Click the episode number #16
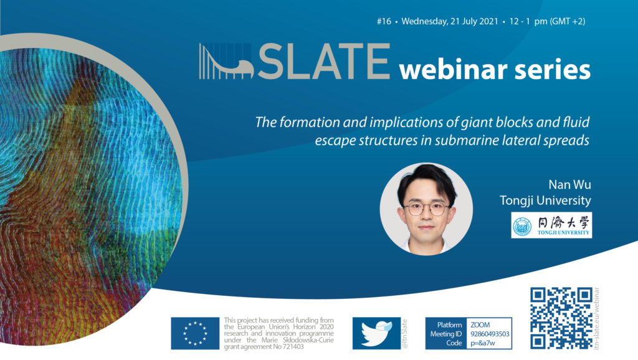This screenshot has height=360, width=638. coord(384,22)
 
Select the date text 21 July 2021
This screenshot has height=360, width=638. coord(474,22)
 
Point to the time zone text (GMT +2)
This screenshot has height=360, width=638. coord(568,22)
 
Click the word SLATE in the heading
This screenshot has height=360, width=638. coord(324,61)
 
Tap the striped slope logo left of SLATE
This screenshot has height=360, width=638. coord(226,62)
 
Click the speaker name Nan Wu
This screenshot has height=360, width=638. coord(569,185)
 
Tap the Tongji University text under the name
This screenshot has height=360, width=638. coord(545,201)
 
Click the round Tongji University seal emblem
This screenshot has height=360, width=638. coord(522,226)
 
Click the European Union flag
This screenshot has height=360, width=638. coord(195,334)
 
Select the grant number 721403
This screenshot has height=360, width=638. coord(293,347)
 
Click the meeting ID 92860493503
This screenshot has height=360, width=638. coord(490,334)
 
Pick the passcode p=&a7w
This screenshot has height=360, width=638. coord(483,343)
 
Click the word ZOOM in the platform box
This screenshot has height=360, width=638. coord(480,325)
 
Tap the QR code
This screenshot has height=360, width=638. coord(561,318)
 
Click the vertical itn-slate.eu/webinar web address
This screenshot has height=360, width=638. coord(597,318)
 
